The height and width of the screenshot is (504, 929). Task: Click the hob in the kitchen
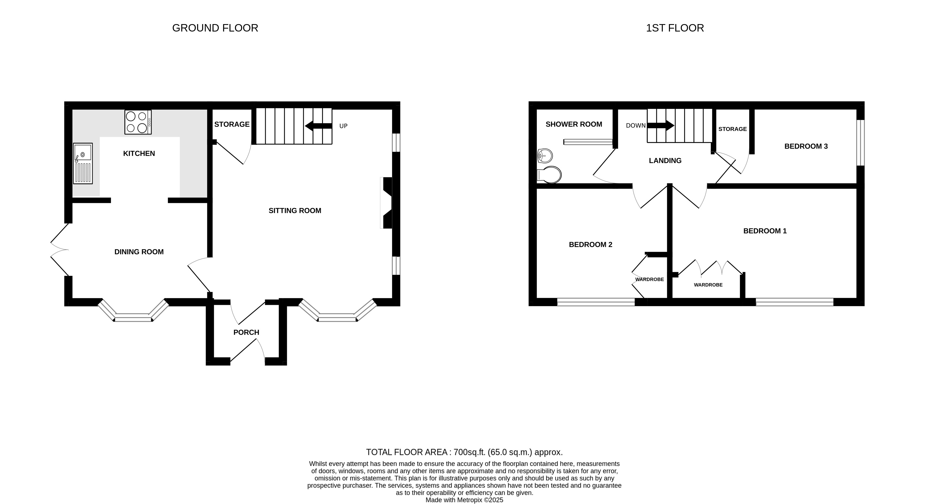[138, 122]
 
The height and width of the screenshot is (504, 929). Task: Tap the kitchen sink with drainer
[83, 163]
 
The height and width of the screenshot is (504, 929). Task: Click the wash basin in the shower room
[545, 156]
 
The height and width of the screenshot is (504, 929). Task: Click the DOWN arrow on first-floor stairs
[661, 126]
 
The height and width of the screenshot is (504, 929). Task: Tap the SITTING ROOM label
[295, 211]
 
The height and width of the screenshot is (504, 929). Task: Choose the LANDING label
[665, 161]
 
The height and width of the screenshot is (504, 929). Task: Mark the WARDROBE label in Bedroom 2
[649, 279]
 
